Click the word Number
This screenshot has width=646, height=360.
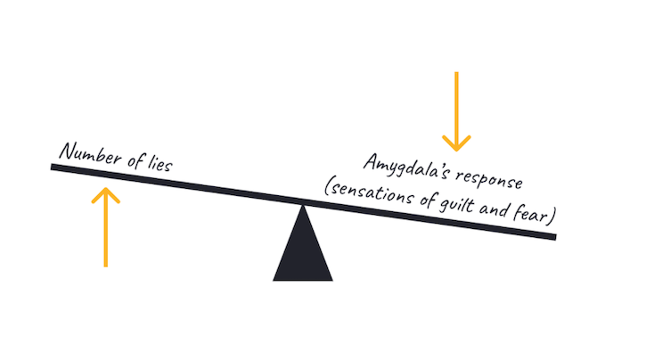(90, 153)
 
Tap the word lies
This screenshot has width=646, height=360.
(159, 163)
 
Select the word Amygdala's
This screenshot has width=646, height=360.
(405, 168)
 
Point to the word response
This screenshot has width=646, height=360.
(488, 180)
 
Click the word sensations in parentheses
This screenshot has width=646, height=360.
(372, 192)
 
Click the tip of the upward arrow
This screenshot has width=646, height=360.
(106, 188)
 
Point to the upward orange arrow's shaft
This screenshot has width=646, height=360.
(106, 228)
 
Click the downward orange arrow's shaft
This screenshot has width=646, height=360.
(456, 111)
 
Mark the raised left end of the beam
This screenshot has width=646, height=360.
(52, 167)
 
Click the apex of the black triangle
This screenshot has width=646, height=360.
(303, 205)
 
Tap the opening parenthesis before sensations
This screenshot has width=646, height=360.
(327, 186)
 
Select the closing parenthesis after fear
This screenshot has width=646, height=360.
(552, 217)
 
